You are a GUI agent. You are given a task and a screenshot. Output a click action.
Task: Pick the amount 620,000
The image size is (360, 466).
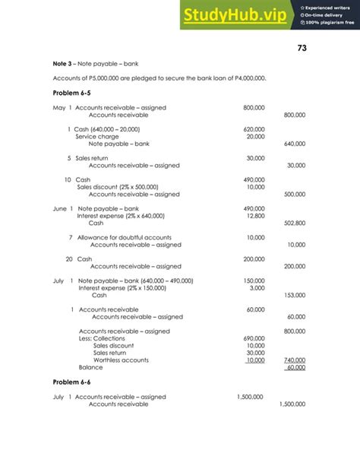(x=254, y=129)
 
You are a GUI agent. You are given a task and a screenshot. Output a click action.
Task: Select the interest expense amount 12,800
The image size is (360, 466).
(x=256, y=216)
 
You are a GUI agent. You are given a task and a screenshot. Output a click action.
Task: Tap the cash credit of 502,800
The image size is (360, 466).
(x=294, y=223)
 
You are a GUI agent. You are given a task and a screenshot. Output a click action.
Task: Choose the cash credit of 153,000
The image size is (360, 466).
(x=294, y=295)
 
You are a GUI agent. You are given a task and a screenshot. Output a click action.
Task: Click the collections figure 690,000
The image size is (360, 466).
(x=254, y=338)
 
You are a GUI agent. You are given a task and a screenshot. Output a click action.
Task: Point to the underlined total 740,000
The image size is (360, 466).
(x=294, y=360)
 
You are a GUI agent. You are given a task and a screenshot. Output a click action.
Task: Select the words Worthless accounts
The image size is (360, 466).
(x=121, y=360)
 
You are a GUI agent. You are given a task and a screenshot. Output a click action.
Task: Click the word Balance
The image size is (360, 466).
(x=90, y=367)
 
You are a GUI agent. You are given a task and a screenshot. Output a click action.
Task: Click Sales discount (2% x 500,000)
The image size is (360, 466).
(x=118, y=187)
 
